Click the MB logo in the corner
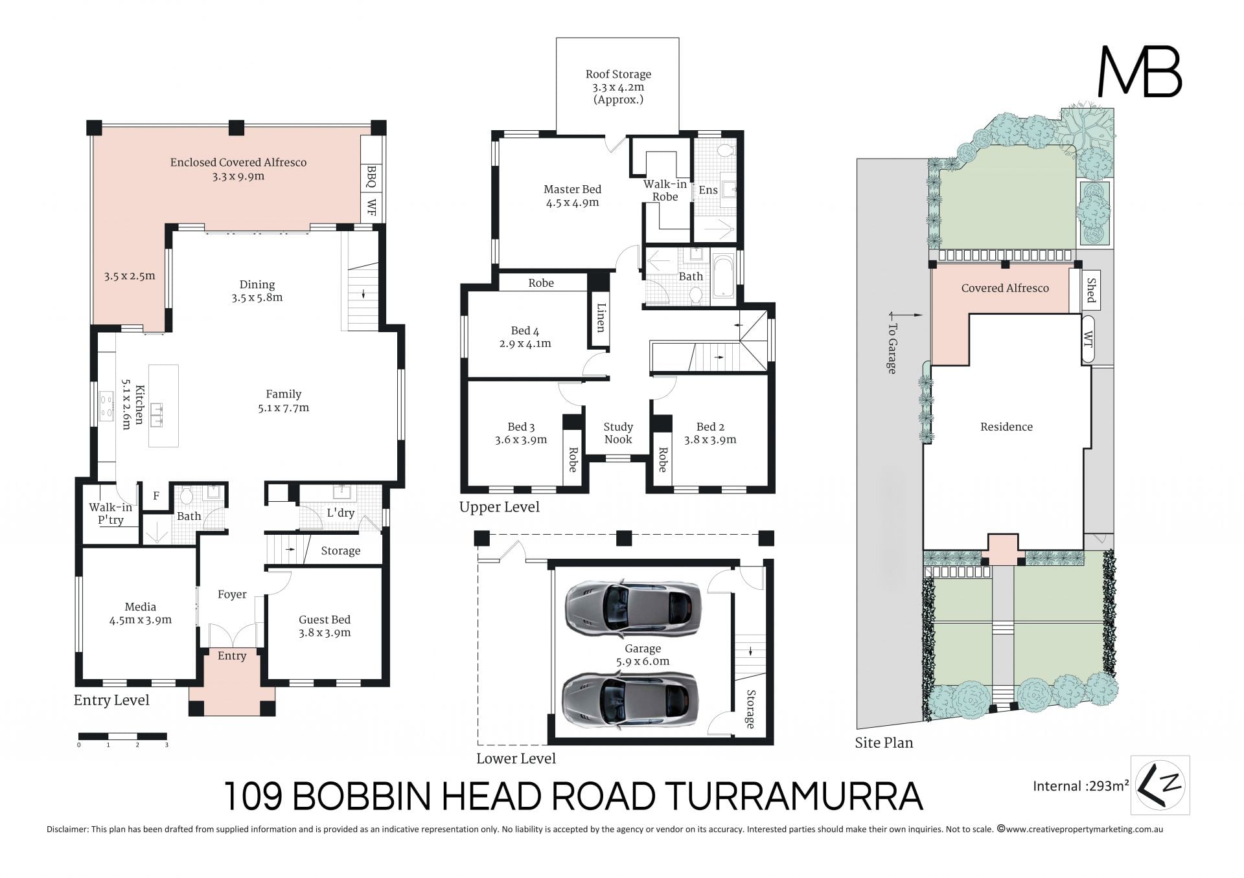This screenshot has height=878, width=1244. [x=1140, y=72]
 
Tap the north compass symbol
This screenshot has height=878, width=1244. [x=1160, y=785]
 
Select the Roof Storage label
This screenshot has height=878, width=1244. [x=618, y=87]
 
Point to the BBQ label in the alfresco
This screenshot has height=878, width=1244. [x=371, y=177]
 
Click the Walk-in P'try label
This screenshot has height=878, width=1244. [x=111, y=513]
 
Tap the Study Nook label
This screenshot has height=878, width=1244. [x=618, y=433]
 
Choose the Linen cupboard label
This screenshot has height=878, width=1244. [x=601, y=317]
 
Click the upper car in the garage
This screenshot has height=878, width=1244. [x=633, y=607]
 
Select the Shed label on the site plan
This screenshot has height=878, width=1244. [x=1091, y=290]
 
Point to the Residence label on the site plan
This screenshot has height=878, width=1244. [x=1006, y=427]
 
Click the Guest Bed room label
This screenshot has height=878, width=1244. [x=325, y=626]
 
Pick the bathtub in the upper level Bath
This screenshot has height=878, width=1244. [x=723, y=280]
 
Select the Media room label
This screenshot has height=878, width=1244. [x=141, y=613]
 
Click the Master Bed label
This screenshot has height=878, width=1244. [x=572, y=196]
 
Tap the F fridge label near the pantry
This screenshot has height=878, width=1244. [x=156, y=496]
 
